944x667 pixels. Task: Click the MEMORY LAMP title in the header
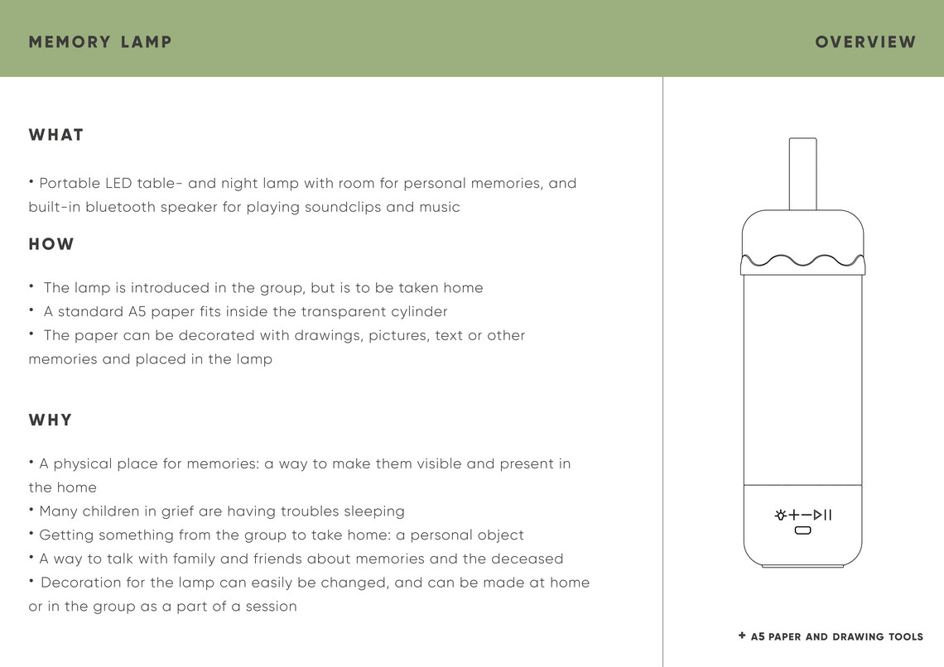(100, 42)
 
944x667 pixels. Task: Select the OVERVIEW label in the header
(865, 42)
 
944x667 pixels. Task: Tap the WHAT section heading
(56, 135)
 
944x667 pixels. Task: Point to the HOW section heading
(51, 244)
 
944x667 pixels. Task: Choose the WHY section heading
(50, 420)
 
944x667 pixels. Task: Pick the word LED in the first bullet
(118, 183)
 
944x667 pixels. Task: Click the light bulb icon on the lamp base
(780, 515)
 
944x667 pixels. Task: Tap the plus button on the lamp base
(793, 515)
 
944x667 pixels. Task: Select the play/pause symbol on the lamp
(822, 515)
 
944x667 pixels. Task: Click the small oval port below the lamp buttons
(802, 530)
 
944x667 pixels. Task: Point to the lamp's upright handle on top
(802, 174)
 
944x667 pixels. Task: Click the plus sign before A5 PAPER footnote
(742, 635)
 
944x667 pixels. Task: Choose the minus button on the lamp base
(807, 515)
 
